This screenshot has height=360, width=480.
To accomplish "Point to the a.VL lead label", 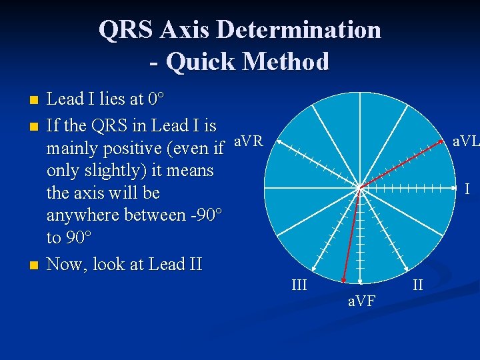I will point(465,141).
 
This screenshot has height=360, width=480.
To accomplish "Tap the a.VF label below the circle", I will point(362,302).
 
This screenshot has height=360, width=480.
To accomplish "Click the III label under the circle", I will point(299,285).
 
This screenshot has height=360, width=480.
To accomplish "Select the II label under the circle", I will point(418,285).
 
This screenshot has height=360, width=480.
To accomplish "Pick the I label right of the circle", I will point(467,189).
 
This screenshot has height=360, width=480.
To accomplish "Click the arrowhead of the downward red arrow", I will point(343,281).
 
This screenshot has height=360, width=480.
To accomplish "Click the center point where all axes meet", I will point(360,189).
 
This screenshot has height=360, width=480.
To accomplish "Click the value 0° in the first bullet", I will point(156,100).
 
